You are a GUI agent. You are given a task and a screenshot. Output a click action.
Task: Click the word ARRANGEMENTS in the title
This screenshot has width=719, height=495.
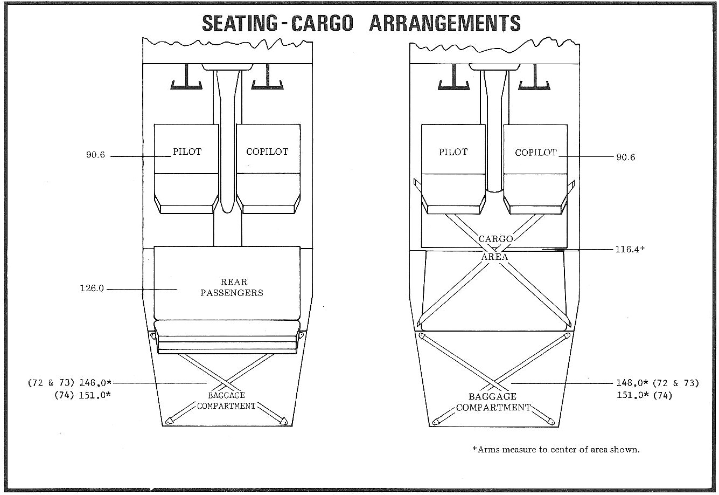tap(445, 23)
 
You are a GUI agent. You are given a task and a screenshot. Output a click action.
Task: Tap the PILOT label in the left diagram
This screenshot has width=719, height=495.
tap(187, 152)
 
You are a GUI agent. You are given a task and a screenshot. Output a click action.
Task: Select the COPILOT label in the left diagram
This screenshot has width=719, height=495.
tap(267, 152)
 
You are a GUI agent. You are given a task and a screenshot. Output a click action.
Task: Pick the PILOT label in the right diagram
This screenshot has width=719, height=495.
tap(453, 153)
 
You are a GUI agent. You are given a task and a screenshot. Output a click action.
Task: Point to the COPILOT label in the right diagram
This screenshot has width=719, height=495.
tap(535, 153)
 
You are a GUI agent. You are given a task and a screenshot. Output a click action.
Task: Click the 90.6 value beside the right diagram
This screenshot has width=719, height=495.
tap(625, 157)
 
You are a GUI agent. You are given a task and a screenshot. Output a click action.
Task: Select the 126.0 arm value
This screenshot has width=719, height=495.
tap(92, 288)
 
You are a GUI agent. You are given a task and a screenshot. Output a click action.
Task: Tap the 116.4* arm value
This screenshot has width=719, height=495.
tap(630, 250)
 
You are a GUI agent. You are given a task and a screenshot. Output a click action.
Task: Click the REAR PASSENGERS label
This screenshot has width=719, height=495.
tap(232, 287)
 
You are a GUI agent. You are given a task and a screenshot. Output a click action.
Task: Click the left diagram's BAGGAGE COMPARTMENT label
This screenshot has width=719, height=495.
tap(226, 401)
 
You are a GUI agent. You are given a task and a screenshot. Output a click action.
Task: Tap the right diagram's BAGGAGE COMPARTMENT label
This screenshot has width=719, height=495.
tap(493, 402)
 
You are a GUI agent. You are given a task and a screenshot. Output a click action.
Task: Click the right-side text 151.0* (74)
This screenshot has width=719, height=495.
tap(644, 395)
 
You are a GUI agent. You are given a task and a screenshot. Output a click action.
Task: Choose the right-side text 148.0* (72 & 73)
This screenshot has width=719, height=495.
tap(657, 383)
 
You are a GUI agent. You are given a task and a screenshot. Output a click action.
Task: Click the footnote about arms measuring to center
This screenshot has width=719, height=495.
tap(556, 449)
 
